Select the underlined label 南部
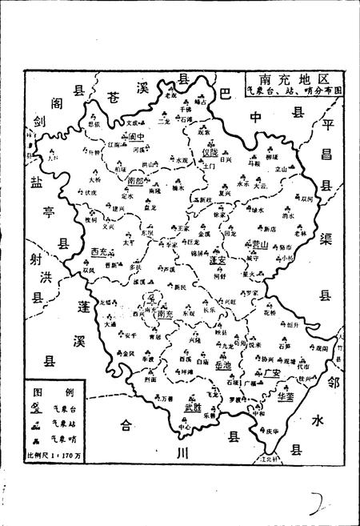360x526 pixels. (x=137, y=182)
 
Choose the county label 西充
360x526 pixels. (x=100, y=252)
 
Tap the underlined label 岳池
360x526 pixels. (x=224, y=365)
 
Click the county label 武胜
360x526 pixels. (x=193, y=408)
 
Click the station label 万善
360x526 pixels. (x=167, y=398)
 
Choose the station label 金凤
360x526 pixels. (x=128, y=353)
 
